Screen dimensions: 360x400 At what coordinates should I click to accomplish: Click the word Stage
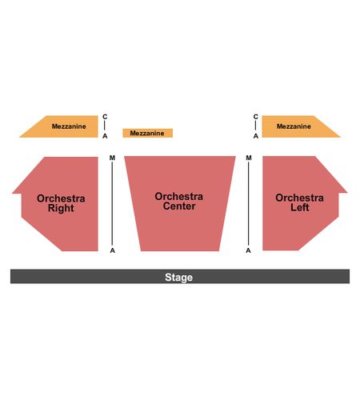(178, 278)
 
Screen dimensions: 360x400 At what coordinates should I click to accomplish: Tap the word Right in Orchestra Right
(61, 208)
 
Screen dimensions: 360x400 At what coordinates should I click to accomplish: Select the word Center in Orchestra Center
(179, 206)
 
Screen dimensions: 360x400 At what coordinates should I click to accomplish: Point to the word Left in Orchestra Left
(300, 207)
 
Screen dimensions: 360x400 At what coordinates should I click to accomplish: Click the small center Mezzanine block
(147, 133)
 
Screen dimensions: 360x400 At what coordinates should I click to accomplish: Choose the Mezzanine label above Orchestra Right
(69, 126)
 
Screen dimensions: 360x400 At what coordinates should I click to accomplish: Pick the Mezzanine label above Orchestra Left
(294, 126)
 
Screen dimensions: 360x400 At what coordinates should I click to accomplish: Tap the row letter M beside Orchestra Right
(112, 158)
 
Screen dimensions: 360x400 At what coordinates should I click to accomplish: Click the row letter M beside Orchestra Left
(249, 158)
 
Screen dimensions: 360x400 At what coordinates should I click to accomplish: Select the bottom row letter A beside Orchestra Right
(113, 250)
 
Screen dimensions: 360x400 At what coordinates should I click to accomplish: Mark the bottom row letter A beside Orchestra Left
(248, 250)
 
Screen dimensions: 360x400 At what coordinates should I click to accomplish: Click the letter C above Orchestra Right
(105, 117)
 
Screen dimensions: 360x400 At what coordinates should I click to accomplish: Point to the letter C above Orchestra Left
(256, 117)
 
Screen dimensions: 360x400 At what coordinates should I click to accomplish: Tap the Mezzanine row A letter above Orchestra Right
(105, 136)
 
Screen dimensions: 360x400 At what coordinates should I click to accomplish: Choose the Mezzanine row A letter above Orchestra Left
(256, 136)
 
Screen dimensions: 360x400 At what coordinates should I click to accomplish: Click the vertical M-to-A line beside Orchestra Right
(112, 204)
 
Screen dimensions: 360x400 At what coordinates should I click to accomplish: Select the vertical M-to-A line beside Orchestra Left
(249, 204)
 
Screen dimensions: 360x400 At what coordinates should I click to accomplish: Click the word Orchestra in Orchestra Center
(179, 197)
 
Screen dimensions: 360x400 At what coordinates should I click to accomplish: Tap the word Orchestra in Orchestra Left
(299, 198)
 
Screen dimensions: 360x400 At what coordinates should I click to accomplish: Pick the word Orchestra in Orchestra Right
(61, 198)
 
